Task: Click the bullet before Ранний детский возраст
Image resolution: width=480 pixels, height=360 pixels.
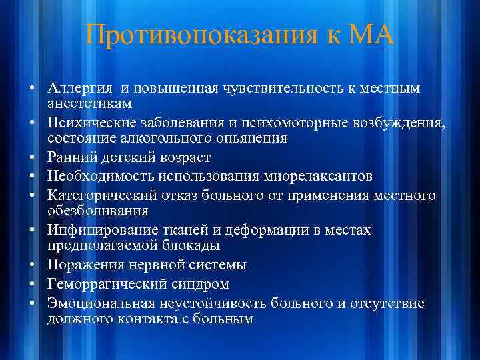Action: [32, 158]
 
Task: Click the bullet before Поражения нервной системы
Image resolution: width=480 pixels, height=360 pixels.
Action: [32, 265]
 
